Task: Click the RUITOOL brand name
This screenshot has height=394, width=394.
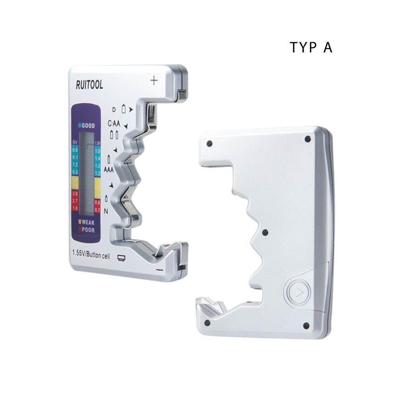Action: click(89, 85)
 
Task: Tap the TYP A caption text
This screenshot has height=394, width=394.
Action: click(311, 47)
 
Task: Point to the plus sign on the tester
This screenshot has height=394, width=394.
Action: click(154, 81)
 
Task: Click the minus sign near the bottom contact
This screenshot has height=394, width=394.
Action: click(159, 270)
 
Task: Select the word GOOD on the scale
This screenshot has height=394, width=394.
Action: click(88, 126)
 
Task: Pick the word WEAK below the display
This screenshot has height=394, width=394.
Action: click(87, 222)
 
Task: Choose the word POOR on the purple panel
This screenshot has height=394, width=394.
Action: click(87, 230)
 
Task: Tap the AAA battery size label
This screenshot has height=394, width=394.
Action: click(109, 170)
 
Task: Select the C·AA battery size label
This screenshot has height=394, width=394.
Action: click(114, 123)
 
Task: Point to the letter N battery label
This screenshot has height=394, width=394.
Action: click(106, 212)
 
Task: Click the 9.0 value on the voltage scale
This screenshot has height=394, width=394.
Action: click(75, 150)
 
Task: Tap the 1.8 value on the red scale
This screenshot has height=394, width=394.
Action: click(75, 208)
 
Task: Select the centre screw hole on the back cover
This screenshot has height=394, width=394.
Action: click(265, 232)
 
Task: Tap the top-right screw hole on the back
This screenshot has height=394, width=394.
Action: click(308, 139)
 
